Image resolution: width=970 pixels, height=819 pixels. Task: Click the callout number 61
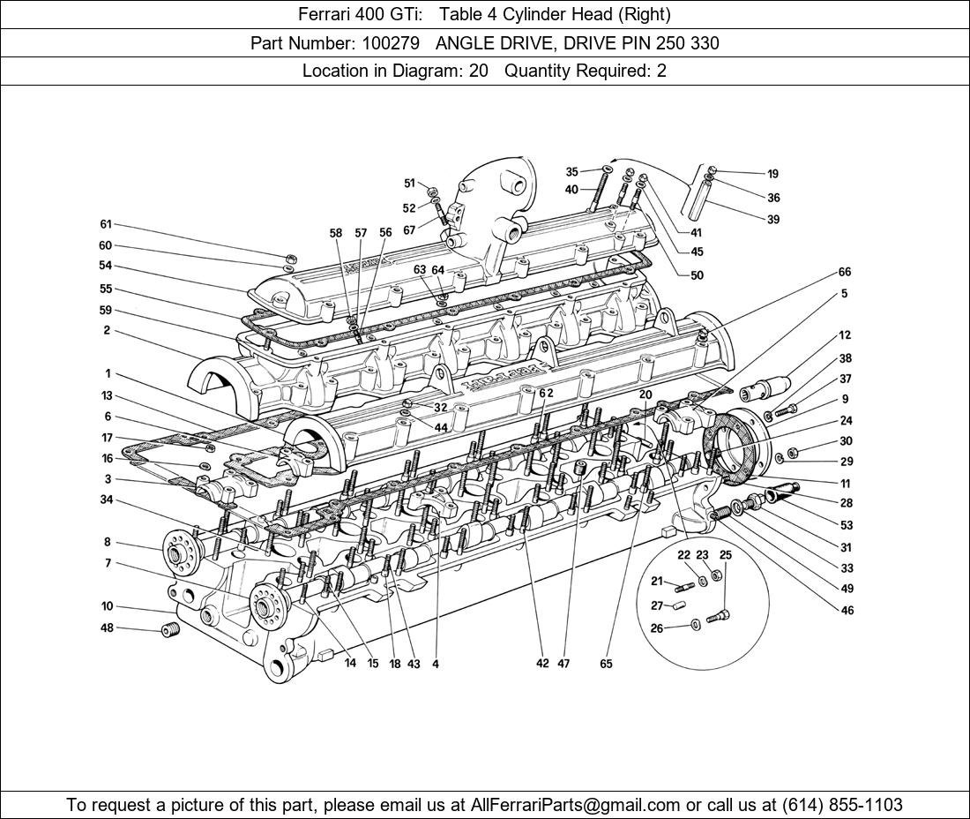(x=106, y=224)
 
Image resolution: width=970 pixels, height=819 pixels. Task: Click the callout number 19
(x=772, y=174)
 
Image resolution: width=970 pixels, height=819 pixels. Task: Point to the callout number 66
(x=844, y=273)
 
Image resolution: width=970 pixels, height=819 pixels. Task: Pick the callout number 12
(x=844, y=335)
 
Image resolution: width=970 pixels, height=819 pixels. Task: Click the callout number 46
(x=847, y=610)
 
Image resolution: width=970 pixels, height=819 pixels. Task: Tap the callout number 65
(x=606, y=664)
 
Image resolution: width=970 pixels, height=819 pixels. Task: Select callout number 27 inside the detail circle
(x=657, y=605)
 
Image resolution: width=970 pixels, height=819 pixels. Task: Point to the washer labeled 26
(x=697, y=626)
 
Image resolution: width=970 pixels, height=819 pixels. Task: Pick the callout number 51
(x=409, y=184)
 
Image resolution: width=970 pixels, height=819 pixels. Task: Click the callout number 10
(x=107, y=606)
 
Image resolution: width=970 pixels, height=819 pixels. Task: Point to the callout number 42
(x=542, y=664)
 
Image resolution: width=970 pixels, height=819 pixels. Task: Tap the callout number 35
(x=571, y=172)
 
